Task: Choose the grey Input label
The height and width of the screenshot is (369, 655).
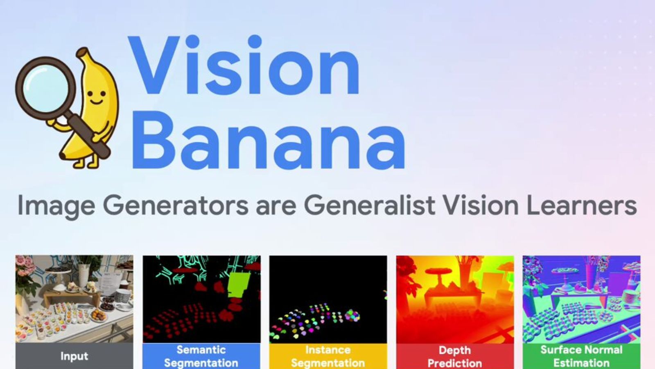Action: (x=74, y=356)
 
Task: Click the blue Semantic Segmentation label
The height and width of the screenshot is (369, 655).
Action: (x=201, y=356)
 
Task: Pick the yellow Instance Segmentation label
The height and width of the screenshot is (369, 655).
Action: (x=328, y=356)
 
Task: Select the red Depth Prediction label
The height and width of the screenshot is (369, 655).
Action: (x=455, y=356)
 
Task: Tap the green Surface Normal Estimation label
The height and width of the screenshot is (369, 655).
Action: (x=581, y=356)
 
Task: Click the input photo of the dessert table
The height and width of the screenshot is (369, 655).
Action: (x=74, y=299)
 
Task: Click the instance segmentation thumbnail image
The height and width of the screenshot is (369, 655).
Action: (x=328, y=299)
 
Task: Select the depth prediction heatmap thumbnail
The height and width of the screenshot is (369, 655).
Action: (x=455, y=299)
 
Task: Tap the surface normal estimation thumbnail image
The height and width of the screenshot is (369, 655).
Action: (x=581, y=299)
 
